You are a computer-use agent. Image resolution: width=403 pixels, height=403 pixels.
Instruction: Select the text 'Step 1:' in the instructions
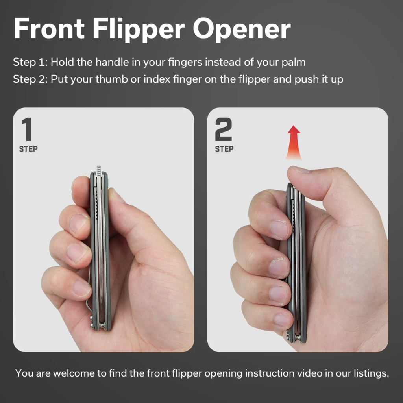(30, 62)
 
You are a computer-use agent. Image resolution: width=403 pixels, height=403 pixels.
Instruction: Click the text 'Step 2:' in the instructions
(30, 79)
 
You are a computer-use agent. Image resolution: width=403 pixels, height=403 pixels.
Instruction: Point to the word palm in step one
(294, 63)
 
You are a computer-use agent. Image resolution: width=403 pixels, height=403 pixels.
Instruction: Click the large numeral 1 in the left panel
(27, 129)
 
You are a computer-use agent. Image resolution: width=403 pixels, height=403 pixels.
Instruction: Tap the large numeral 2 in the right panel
(224, 129)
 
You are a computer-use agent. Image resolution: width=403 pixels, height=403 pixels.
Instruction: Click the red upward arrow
(294, 142)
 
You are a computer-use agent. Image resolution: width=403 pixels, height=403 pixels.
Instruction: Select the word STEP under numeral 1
(28, 149)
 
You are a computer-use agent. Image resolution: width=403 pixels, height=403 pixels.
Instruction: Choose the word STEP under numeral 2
(224, 149)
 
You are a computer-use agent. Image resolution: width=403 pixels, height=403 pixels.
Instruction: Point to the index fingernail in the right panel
(279, 229)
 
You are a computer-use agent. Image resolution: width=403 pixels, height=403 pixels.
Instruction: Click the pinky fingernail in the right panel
(282, 320)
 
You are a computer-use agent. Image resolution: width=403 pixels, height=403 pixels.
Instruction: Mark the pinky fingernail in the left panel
(81, 288)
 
